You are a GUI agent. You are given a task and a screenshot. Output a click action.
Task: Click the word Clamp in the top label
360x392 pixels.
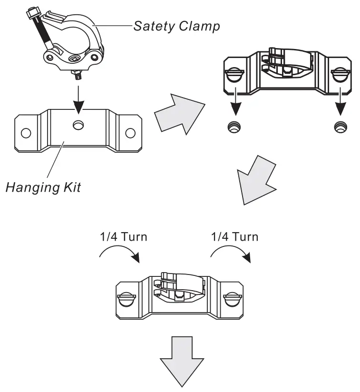199,27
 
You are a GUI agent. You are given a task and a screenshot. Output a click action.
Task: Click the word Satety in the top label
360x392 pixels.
154,26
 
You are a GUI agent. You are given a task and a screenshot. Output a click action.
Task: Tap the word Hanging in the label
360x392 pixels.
32,187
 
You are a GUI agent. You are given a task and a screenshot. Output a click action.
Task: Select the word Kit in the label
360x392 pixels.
72,187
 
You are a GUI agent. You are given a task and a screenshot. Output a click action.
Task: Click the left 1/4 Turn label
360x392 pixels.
124,237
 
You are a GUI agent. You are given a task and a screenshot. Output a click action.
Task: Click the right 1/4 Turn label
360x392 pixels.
234,237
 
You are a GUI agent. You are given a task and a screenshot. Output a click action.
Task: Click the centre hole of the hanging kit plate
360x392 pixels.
78,125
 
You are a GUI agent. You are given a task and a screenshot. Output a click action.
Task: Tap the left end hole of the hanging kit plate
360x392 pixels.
26,133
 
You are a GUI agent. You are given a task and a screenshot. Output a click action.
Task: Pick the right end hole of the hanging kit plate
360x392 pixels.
130,133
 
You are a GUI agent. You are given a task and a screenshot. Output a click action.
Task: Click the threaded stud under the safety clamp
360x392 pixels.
77,75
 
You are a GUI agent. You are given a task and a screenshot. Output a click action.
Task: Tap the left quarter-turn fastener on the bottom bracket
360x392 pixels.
126,299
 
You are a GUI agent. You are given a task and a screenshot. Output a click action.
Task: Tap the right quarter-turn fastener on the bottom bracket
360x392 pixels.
233,299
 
